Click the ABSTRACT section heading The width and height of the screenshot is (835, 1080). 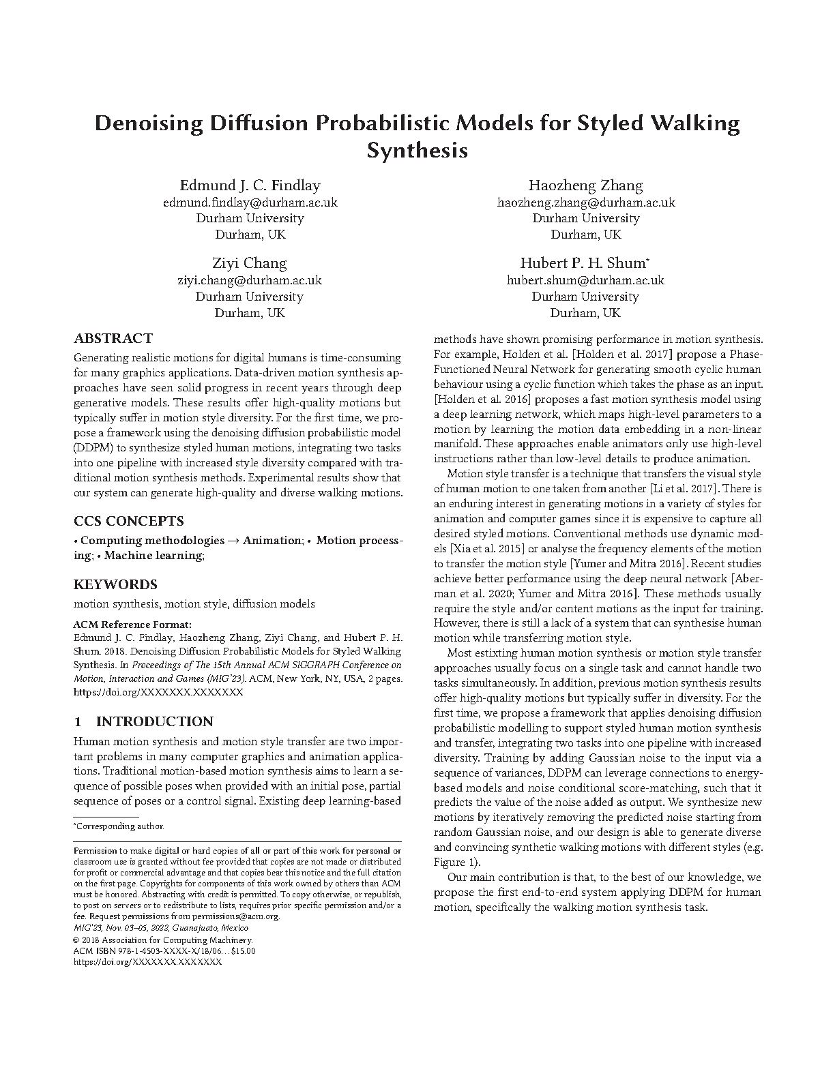[113, 338]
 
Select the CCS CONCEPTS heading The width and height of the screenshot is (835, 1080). [128, 521]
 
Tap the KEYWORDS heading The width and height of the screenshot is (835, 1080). [115, 584]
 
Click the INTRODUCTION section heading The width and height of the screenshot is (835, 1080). [154, 721]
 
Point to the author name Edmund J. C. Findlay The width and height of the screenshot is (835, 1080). [250, 185]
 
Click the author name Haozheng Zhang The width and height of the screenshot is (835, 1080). [585, 185]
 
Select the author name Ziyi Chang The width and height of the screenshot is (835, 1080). [250, 263]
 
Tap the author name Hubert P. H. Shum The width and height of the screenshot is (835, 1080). [583, 263]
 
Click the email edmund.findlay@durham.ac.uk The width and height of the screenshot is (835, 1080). [250, 202]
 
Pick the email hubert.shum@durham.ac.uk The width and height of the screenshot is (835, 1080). [585, 280]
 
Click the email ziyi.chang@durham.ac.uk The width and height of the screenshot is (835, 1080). [250, 280]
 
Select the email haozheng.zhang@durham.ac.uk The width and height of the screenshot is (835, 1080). [586, 202]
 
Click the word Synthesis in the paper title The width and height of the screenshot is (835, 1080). [417, 150]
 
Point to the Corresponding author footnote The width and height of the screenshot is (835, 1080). [119, 826]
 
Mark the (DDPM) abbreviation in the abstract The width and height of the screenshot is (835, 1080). [90, 448]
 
